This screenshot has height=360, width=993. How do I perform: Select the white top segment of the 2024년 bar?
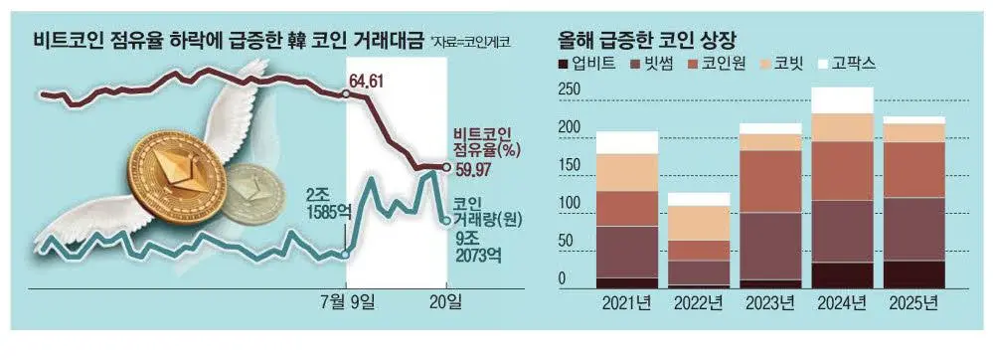[x=843, y=100]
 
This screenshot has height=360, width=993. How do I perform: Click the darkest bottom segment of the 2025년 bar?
[x=913, y=274]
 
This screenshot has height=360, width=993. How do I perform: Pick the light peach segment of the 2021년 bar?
[x=626, y=172]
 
